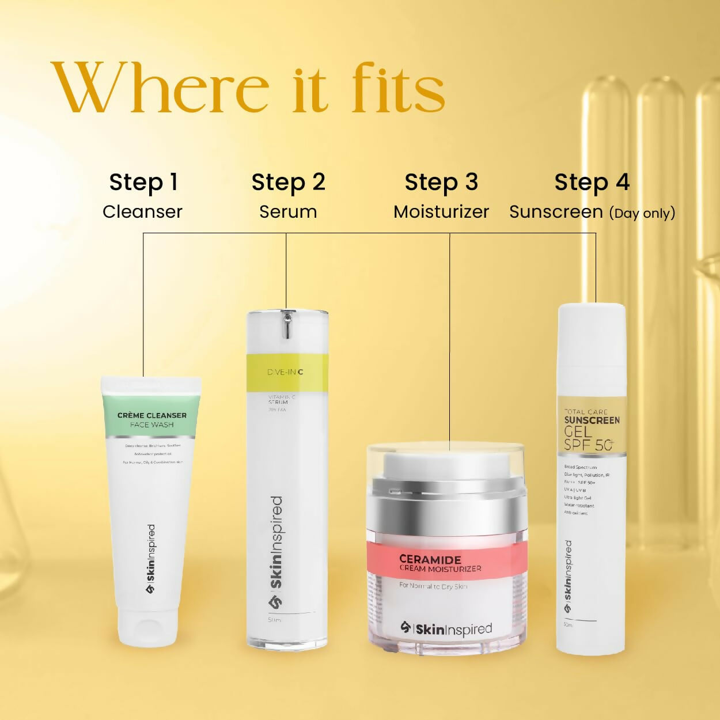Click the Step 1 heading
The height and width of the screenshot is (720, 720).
pyautogui.click(x=143, y=182)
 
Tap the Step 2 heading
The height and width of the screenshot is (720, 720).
pyautogui.click(x=288, y=182)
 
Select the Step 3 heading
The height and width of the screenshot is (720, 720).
pyautogui.click(x=441, y=182)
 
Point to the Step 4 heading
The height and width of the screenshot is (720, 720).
pyautogui.click(x=592, y=182)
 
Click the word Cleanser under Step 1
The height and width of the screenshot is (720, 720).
pyautogui.click(x=142, y=212)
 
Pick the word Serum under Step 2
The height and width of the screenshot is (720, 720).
pyautogui.click(x=288, y=212)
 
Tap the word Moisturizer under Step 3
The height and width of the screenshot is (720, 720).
pyautogui.click(x=441, y=212)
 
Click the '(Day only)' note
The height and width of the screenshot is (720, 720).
pyautogui.click(x=642, y=213)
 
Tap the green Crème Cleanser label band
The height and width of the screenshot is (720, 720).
pyautogui.click(x=151, y=415)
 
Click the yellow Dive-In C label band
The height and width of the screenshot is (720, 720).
pyautogui.click(x=287, y=373)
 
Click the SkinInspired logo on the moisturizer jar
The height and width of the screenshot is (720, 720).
pyautogui.click(x=446, y=629)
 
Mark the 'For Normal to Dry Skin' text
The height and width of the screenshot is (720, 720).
pyautogui.click(x=433, y=586)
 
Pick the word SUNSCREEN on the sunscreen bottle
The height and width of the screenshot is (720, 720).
pyautogui.click(x=592, y=420)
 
